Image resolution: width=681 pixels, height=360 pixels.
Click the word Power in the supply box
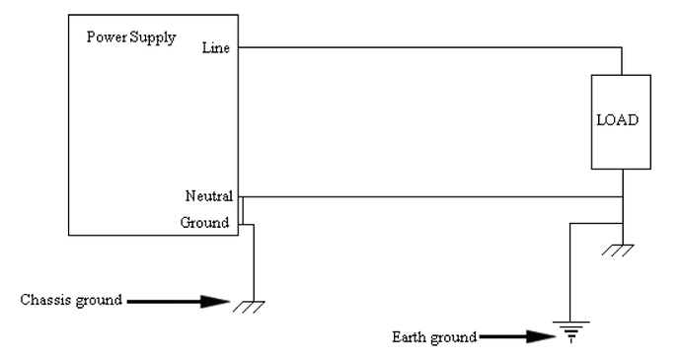(x=107, y=38)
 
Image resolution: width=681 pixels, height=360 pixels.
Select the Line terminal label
(x=216, y=46)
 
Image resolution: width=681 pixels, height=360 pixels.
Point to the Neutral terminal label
(x=208, y=196)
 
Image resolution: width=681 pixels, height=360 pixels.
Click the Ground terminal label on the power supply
(x=205, y=223)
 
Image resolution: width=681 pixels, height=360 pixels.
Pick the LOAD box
(x=618, y=121)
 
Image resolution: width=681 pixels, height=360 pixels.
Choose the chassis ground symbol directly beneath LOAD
(x=623, y=248)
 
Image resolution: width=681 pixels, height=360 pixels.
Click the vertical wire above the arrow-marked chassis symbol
(x=254, y=261)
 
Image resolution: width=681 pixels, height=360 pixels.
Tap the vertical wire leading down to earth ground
(x=569, y=276)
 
